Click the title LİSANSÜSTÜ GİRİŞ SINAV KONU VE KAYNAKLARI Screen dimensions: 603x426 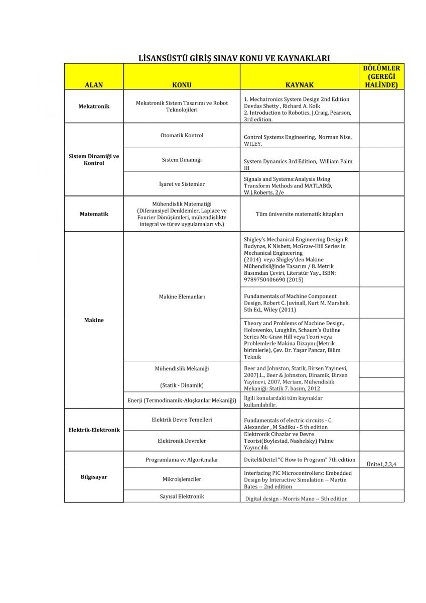[234, 58]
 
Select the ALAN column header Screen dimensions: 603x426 [94, 85]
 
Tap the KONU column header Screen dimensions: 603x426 [182, 85]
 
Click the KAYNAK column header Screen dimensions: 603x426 [300, 85]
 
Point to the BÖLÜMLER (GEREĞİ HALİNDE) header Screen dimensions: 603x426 [381, 76]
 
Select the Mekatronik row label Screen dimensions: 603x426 [94, 107]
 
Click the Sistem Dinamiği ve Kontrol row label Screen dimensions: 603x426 [94, 160]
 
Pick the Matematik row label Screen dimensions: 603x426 [94, 214]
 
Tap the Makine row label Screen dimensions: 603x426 [94, 320]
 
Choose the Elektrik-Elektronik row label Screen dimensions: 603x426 [94, 430]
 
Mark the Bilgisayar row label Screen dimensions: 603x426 [94, 477]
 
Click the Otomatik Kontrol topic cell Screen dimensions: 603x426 [182, 135]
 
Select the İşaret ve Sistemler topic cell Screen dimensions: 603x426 [182, 184]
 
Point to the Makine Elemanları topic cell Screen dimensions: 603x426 [182, 297]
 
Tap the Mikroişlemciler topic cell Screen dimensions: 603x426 [182, 479]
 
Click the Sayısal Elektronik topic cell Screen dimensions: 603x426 [182, 496]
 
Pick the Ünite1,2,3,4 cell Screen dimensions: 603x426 [381, 464]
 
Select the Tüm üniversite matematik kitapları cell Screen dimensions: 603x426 [300, 214]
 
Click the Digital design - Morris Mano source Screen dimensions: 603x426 [296, 498]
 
